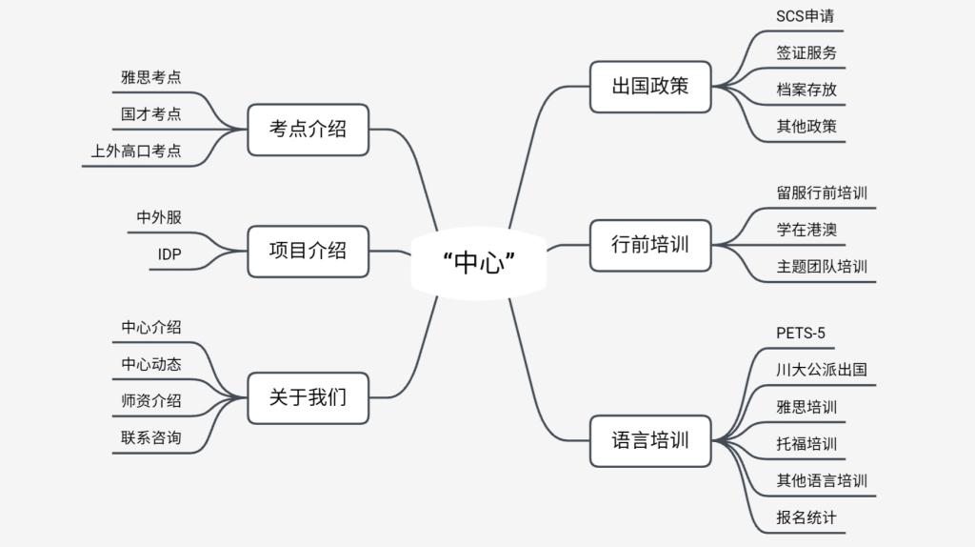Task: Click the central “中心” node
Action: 479,262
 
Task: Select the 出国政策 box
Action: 650,87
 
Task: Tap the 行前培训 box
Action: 650,245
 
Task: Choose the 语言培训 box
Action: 650,441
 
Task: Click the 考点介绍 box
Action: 308,129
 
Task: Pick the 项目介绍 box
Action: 308,251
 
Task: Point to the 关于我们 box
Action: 308,397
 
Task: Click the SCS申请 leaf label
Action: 806,16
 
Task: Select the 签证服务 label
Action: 806,53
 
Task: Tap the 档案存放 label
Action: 806,90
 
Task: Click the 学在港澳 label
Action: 806,230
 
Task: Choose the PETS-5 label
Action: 801,333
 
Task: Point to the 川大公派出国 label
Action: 822,370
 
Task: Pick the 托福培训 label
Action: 806,444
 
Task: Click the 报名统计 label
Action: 806,517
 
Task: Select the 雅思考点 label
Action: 150,77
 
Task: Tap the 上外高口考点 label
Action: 136,151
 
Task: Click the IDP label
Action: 169,254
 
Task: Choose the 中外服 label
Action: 159,217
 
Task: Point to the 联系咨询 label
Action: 150,437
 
